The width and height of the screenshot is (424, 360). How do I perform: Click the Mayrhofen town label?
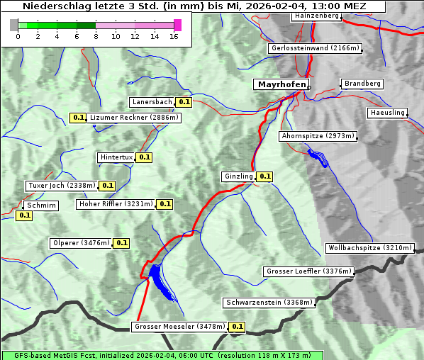point(281,85)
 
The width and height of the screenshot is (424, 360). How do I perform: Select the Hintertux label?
point(116,157)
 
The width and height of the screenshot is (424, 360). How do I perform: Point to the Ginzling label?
point(238,176)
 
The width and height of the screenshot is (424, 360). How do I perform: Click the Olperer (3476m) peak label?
point(82,243)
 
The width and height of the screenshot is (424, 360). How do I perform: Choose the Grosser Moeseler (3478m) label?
point(179,327)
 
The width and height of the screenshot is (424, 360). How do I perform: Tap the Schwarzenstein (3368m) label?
point(268,303)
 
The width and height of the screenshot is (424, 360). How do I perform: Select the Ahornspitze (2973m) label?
point(318,135)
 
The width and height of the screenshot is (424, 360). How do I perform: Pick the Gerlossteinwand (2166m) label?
point(316,48)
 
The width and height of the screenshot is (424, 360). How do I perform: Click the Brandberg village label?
point(362,84)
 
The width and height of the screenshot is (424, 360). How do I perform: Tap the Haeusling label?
point(387,113)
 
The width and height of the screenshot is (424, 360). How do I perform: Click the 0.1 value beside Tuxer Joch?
point(107,186)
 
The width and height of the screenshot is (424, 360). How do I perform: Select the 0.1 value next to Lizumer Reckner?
point(78,118)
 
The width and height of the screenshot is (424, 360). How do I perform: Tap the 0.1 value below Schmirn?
point(24,215)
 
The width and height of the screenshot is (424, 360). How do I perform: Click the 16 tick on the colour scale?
point(174,36)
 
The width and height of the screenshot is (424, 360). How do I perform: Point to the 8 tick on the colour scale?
point(96,36)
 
